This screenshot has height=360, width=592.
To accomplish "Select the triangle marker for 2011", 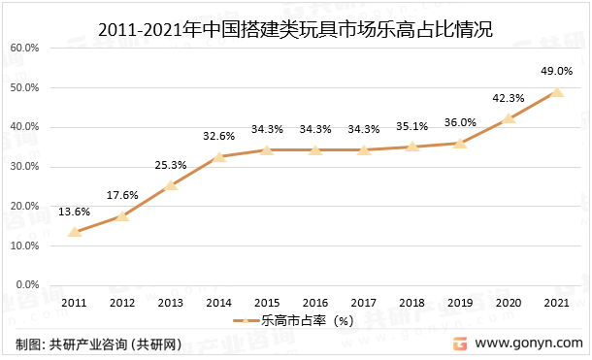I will coord(75,231).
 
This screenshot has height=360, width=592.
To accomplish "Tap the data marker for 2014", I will coord(219,156).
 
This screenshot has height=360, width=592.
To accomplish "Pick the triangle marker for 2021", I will coord(556,91).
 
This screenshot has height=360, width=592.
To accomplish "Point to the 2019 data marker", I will coord(460,143).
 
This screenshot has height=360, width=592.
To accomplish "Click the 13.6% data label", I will coord(75,211).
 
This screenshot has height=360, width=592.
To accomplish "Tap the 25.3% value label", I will coord(171,164).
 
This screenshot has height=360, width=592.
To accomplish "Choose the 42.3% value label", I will coord(509,97).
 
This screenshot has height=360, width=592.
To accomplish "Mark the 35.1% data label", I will coord(411,125).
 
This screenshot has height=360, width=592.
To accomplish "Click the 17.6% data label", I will coord(123,194).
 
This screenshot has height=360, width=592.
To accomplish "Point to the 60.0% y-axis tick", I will coord(25,48).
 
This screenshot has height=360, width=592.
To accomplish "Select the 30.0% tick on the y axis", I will coord(25,167).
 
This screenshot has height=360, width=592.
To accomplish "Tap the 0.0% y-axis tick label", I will coord(28,285).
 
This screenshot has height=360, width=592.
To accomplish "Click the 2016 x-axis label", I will coord(315,304).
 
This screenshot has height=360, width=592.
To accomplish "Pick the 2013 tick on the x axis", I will coord(171,304).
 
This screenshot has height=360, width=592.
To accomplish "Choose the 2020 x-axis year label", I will coord(509,304).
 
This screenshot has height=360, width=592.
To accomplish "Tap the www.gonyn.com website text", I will coord(528,344).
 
